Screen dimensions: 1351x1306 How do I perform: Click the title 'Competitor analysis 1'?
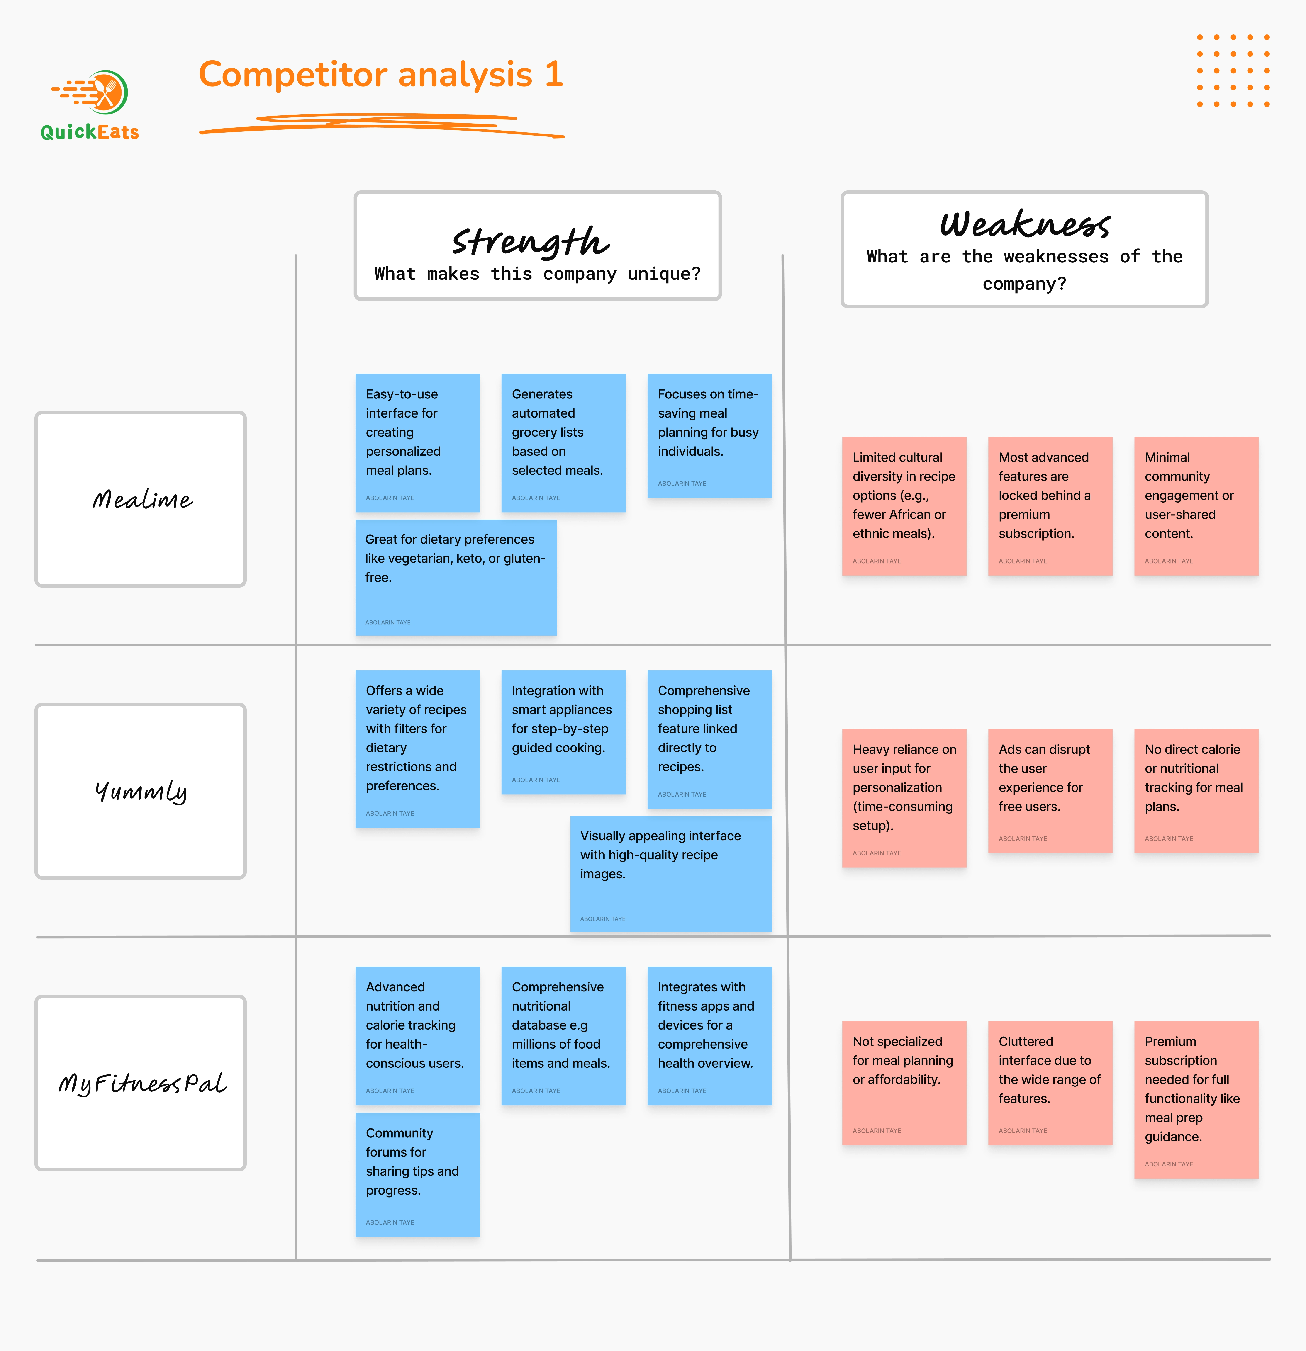[x=381, y=74]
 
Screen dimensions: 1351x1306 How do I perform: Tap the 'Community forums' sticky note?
[x=417, y=1174]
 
